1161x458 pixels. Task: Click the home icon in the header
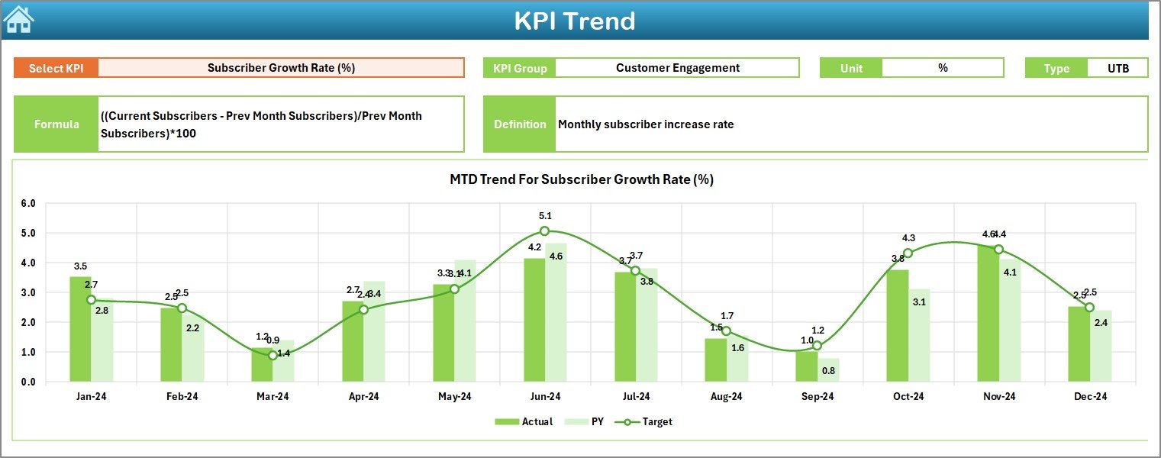click(18, 19)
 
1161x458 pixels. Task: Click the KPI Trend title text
click(574, 21)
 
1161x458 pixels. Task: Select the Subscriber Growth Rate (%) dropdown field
click(281, 68)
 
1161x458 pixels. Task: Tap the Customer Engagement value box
click(677, 68)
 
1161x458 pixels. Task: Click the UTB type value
click(1117, 68)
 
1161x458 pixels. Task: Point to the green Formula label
click(56, 124)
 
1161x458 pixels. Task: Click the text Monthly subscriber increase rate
click(645, 124)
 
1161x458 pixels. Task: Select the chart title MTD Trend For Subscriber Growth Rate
click(581, 179)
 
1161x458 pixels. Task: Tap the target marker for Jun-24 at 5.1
click(544, 231)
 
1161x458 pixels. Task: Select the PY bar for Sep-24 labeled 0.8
click(828, 370)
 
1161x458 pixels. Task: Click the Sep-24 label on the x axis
click(818, 397)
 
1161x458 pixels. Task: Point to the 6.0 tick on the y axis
click(28, 204)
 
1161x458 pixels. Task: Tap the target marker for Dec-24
click(1089, 308)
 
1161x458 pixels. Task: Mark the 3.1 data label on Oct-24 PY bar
click(919, 302)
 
